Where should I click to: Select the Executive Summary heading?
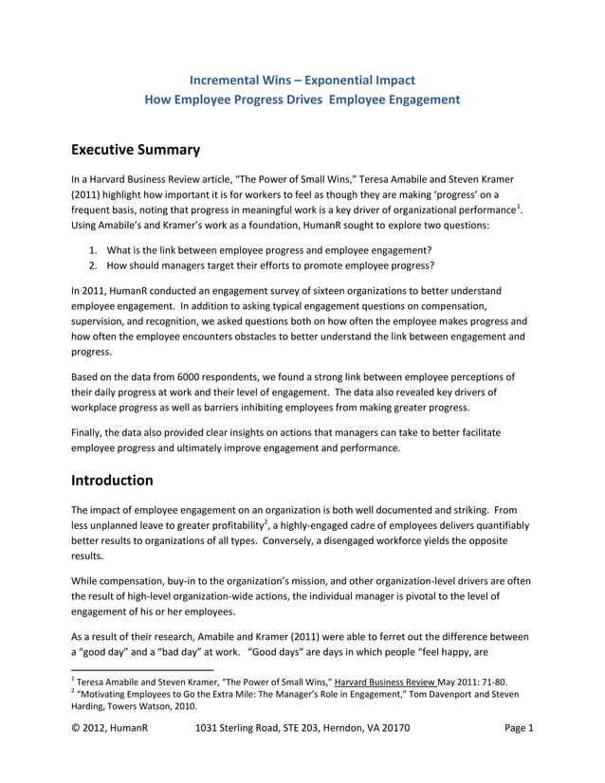pyautogui.click(x=136, y=149)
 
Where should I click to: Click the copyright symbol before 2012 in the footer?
pyautogui.click(x=77, y=729)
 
